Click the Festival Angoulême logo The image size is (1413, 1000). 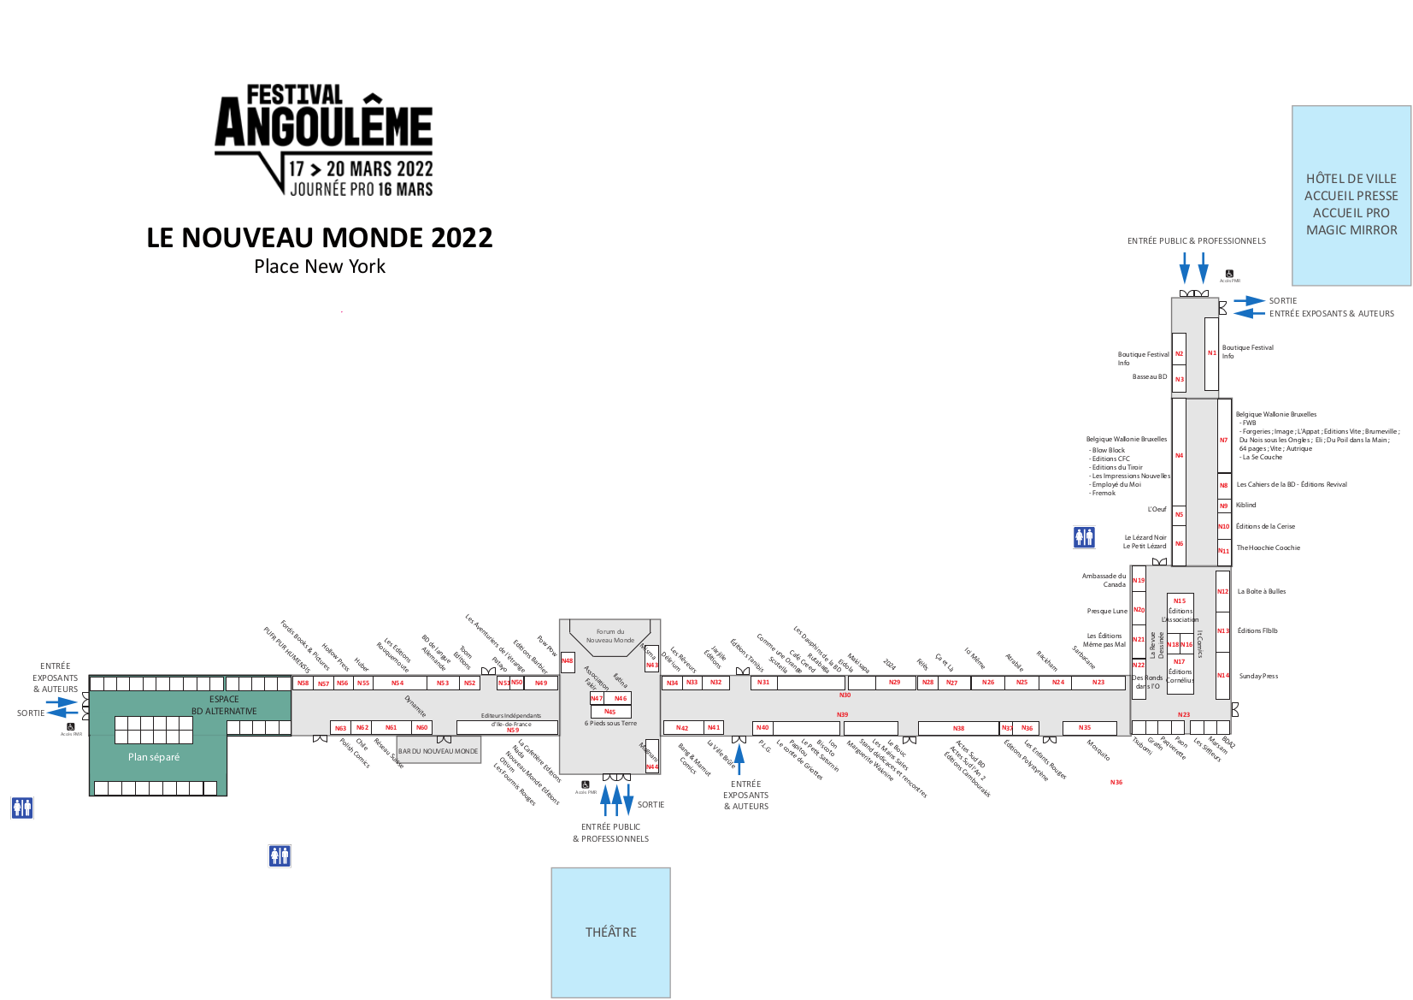point(323,141)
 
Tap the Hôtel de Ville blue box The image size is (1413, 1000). point(1351,196)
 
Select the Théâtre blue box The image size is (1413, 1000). point(610,932)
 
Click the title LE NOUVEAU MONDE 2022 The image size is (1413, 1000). point(320,238)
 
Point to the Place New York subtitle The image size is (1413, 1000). point(320,267)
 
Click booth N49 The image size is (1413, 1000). point(541,683)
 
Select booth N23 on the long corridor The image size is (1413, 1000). point(1098,683)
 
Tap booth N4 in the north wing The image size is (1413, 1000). point(1179,455)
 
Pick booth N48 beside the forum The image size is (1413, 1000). point(568,661)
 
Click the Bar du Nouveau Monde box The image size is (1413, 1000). point(439,750)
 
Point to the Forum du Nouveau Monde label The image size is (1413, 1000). point(610,636)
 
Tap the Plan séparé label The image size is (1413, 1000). point(154,757)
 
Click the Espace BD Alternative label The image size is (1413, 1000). point(224,705)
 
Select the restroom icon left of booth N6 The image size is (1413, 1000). point(1084,537)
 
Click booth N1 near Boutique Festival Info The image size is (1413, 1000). point(1211,352)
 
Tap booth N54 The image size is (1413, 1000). point(397,683)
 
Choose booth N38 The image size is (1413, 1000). point(958,729)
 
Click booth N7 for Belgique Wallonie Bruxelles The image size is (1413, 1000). point(1223,441)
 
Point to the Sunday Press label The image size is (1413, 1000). point(1258,676)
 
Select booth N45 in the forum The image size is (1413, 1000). point(610,712)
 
